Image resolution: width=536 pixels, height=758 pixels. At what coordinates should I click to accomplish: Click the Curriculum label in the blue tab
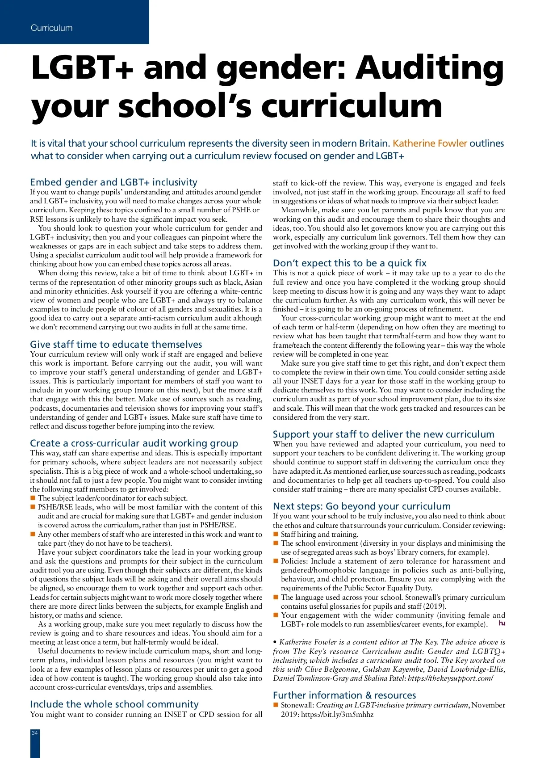pos(51,28)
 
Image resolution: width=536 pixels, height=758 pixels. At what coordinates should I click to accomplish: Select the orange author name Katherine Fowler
pos(430,143)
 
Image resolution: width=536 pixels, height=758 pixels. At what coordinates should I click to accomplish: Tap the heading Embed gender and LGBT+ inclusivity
pos(113,182)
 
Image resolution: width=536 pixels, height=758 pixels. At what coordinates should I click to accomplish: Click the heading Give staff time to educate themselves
pos(116,345)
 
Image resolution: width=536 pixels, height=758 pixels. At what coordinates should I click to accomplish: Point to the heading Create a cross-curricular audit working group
pos(134,443)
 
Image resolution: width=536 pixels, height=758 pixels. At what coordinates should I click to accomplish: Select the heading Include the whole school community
pos(114,704)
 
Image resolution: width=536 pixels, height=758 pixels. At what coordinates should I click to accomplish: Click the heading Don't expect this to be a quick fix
pos(350,263)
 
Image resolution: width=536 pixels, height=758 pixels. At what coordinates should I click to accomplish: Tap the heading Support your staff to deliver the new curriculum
pos(384,434)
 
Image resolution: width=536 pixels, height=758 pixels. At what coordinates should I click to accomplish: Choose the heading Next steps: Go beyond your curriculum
pos(362,506)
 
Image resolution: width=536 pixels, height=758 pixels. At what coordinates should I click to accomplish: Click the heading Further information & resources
pos(344,695)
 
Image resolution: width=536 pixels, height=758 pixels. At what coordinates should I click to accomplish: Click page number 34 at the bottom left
pos(34,733)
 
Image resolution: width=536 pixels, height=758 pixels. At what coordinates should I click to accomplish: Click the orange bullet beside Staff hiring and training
pos(276,534)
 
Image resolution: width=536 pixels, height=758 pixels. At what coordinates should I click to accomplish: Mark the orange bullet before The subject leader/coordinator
pos(33,498)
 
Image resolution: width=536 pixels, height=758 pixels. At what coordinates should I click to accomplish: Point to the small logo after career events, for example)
pos(502,623)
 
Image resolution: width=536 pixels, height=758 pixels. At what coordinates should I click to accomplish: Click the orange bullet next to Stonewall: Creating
pos(276,705)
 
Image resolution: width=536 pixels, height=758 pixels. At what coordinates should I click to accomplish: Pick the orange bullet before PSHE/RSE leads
pos(33,507)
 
